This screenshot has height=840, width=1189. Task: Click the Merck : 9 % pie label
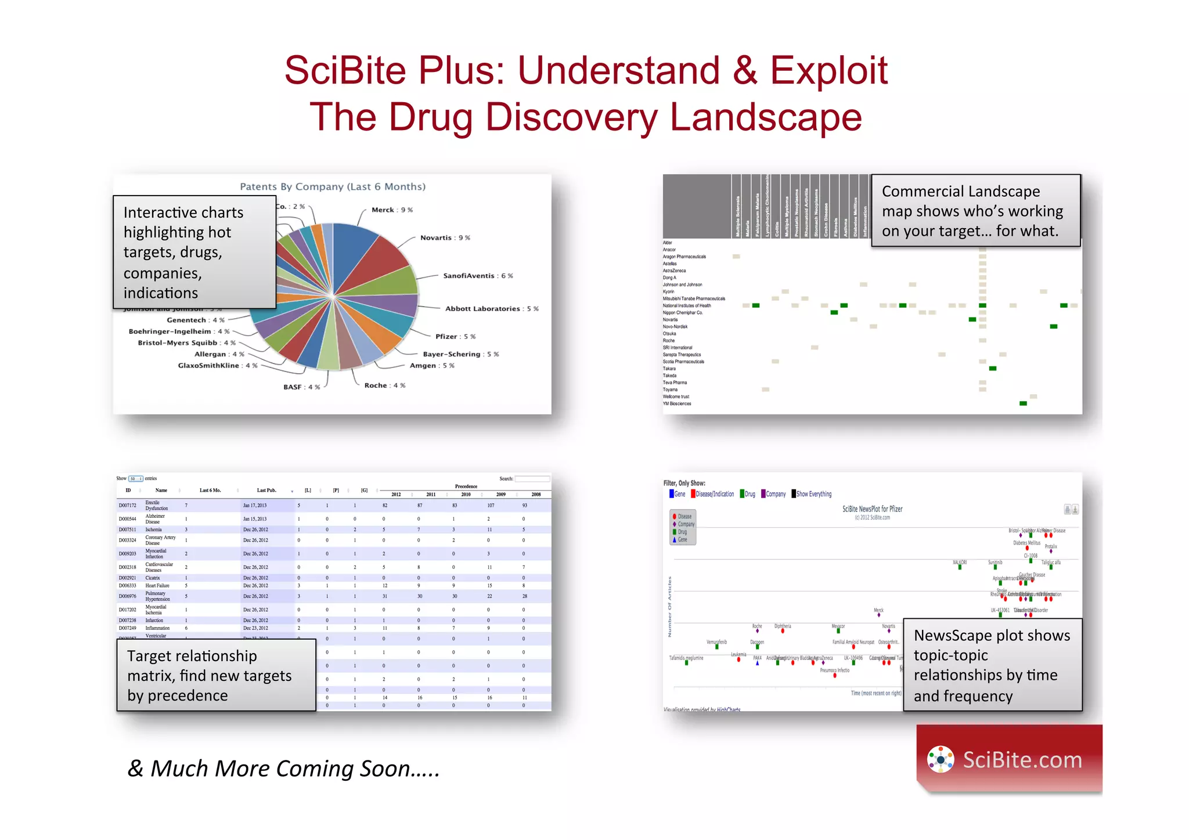click(392, 210)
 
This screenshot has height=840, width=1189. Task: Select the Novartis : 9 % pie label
click(445, 238)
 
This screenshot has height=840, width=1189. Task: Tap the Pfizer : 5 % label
click(455, 337)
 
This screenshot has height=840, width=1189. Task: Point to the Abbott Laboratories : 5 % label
click(491, 309)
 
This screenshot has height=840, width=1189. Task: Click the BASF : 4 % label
click(301, 387)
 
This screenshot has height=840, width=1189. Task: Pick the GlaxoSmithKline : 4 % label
click(217, 366)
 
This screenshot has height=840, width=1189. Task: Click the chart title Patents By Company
click(333, 187)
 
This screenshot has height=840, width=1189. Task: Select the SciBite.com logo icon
click(940, 759)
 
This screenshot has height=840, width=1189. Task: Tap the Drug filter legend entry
click(748, 494)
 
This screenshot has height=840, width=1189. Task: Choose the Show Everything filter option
click(813, 494)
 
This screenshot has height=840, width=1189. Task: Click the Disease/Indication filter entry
click(714, 494)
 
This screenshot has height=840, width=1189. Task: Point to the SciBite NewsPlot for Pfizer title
click(872, 509)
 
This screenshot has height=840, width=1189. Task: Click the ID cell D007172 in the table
click(127, 506)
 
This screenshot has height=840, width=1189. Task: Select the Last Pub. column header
click(266, 491)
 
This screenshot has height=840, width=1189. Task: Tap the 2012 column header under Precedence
click(396, 495)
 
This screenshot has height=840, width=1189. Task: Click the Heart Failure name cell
click(157, 586)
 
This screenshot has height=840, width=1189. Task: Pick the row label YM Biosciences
click(677, 403)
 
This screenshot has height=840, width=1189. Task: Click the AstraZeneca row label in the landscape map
click(674, 271)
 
